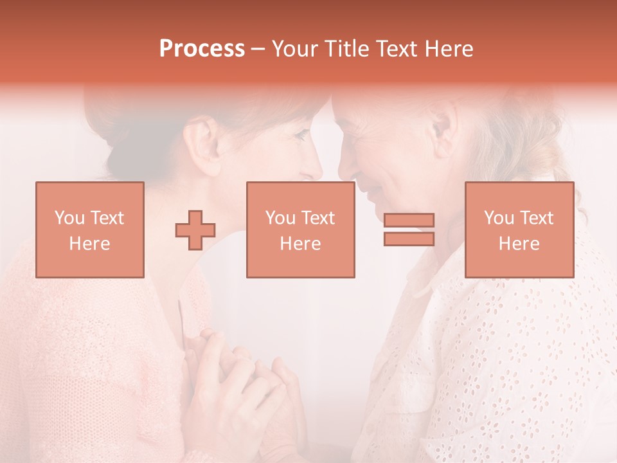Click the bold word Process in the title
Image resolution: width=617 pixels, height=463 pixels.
(x=202, y=49)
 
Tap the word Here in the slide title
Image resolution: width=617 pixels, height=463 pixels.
(x=447, y=49)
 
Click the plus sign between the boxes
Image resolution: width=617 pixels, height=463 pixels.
(x=195, y=230)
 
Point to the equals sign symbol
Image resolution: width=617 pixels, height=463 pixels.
(x=409, y=230)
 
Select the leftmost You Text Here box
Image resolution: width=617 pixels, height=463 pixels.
(x=90, y=230)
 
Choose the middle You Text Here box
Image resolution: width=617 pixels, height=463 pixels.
(x=300, y=230)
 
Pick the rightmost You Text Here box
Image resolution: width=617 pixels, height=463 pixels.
(x=519, y=230)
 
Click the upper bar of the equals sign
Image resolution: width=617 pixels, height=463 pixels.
(x=409, y=221)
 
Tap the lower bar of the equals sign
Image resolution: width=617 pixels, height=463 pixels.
(x=409, y=239)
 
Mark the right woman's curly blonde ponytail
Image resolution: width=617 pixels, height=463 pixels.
(x=553, y=154)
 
